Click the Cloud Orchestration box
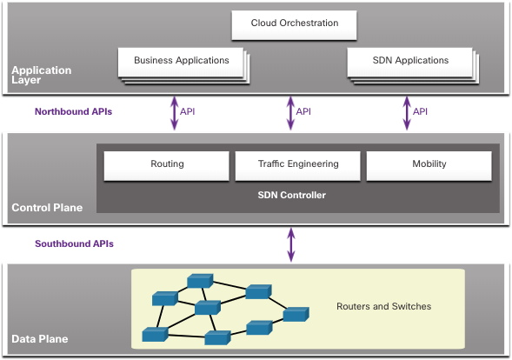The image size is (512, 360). (x=294, y=25)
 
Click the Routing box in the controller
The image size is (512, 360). (x=167, y=165)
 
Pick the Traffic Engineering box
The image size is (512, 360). (x=298, y=165)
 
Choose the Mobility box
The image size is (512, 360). (x=429, y=165)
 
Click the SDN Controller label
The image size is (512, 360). (x=291, y=195)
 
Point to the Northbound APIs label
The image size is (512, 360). (x=74, y=111)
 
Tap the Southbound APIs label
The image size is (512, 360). (x=74, y=243)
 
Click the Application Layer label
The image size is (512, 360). (x=42, y=75)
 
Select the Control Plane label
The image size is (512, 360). (x=47, y=208)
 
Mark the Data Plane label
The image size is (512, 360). (x=39, y=339)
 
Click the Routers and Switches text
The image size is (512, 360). (x=383, y=306)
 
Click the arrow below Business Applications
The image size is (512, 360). (x=175, y=113)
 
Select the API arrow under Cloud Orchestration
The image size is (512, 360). (x=290, y=113)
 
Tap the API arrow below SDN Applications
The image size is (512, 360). (x=407, y=113)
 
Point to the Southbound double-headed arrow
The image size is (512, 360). (x=291, y=245)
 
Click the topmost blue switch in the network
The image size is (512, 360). (x=200, y=281)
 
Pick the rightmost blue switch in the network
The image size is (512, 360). (x=296, y=314)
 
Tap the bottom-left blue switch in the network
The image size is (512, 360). (x=155, y=335)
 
